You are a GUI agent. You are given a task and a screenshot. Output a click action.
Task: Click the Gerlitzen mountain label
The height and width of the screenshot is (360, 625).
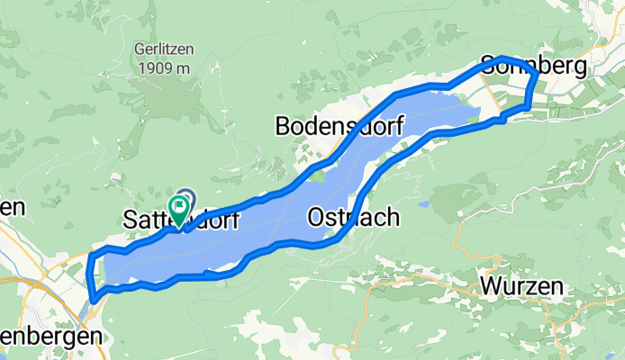tap(159, 51)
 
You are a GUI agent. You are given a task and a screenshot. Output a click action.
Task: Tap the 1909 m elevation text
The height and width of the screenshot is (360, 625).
tap(159, 67)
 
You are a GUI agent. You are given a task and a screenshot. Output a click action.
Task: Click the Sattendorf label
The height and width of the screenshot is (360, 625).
tap(179, 219)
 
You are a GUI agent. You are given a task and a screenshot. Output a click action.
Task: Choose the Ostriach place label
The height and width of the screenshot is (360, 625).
tap(353, 217)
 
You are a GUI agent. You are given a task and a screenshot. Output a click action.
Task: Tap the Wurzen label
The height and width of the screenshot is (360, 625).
tap(522, 287)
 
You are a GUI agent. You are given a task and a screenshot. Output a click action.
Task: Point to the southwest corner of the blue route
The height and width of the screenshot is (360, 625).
tap(94, 298)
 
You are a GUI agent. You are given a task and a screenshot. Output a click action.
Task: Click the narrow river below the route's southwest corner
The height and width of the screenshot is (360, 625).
tap(91, 315)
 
